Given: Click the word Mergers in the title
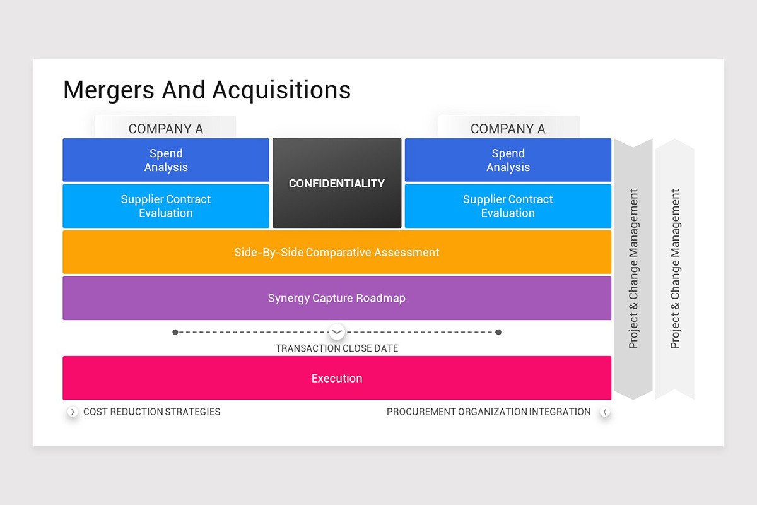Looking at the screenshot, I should [109, 90].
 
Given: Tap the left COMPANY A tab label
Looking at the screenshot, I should [166, 129].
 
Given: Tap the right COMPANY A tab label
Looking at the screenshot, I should [508, 129].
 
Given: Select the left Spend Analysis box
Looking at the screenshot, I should [166, 160].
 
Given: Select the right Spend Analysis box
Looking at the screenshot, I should [508, 160].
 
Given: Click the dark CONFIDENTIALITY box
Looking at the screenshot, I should [337, 183].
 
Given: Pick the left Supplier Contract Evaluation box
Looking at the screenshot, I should [166, 206].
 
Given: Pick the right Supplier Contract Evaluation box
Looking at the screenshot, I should [508, 206].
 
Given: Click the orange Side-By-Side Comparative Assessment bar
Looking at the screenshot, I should [337, 252].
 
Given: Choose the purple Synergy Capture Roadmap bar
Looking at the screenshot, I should [337, 298].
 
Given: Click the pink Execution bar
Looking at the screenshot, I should [337, 378].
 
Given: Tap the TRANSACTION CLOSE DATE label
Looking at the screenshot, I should [337, 348].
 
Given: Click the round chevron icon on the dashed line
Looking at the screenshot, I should [337, 331].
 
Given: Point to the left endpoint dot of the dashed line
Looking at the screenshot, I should [175, 332].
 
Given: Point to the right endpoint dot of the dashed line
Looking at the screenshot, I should [498, 332].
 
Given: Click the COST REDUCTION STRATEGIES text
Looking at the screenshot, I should [152, 412].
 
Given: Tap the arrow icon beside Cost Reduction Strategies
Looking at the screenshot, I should [73, 412].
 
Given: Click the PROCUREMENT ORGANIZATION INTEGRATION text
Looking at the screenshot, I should [488, 412].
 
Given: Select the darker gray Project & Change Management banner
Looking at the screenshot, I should [633, 269].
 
